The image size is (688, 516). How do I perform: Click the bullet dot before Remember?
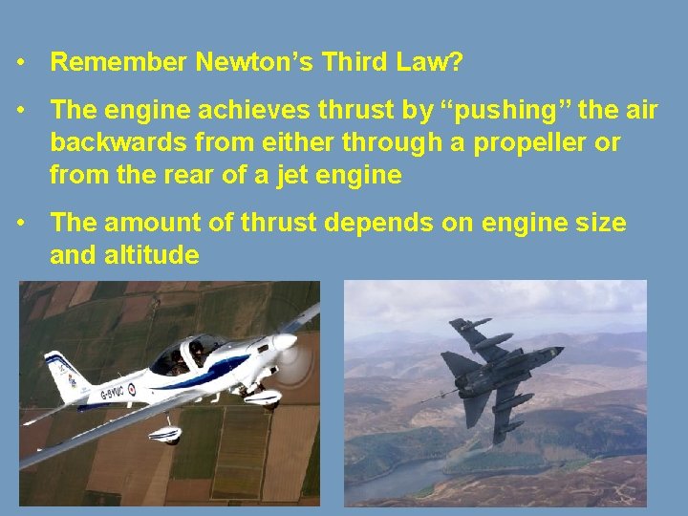[21, 63]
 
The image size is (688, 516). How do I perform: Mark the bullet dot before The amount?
[21, 224]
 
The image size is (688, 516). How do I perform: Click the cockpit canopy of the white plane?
[186, 355]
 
